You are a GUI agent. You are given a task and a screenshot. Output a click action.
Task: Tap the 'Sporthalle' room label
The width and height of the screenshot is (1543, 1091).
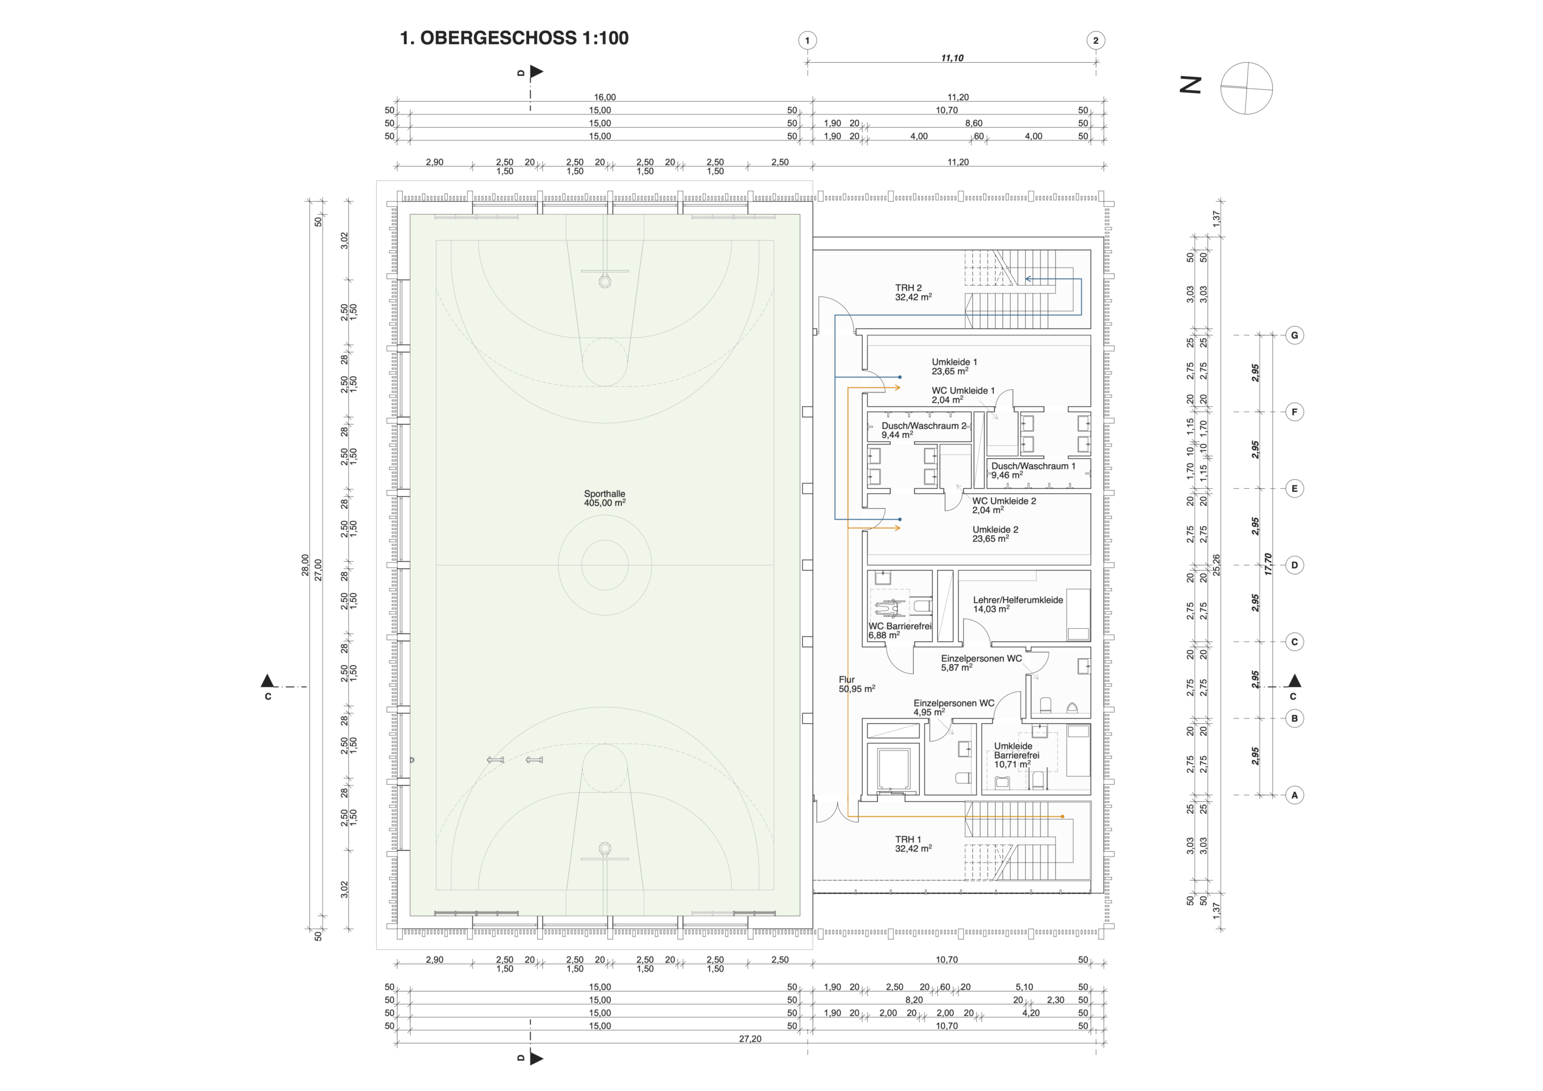click(604, 494)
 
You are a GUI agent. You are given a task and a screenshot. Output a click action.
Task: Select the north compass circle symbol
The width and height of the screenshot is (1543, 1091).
click(1246, 88)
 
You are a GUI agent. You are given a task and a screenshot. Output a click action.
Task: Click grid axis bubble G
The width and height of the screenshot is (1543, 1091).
click(1294, 335)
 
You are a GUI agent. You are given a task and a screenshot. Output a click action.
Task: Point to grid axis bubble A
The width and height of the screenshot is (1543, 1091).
click(1294, 795)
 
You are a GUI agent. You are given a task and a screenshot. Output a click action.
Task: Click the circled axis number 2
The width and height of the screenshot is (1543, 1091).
click(1095, 40)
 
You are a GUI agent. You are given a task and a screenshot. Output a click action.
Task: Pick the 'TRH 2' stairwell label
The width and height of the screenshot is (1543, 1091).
click(908, 288)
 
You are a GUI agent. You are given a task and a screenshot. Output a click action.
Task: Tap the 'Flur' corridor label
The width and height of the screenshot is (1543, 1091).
click(847, 679)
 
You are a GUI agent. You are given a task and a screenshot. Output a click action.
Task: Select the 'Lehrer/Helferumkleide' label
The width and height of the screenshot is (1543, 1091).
click(1018, 600)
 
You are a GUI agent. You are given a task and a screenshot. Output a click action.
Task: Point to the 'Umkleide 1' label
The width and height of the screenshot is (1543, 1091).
click(954, 362)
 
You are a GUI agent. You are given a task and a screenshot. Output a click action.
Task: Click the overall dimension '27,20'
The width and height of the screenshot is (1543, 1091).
click(750, 1039)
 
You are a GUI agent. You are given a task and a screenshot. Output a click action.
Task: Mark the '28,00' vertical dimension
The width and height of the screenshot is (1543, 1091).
click(305, 565)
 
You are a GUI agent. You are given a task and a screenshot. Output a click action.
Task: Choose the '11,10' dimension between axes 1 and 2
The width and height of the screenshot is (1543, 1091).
click(952, 58)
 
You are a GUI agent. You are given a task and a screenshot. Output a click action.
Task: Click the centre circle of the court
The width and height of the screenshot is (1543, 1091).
click(605, 565)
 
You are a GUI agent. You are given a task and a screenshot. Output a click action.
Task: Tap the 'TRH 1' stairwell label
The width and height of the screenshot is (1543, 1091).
click(908, 839)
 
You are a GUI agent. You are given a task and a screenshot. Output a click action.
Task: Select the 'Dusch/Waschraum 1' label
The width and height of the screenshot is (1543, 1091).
click(1034, 466)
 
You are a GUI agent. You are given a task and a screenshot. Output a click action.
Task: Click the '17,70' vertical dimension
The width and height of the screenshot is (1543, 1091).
click(1268, 564)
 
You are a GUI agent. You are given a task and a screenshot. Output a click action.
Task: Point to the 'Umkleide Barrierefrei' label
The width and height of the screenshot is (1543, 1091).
click(1017, 751)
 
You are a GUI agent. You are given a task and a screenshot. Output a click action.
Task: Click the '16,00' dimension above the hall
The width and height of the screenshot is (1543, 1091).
click(605, 97)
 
